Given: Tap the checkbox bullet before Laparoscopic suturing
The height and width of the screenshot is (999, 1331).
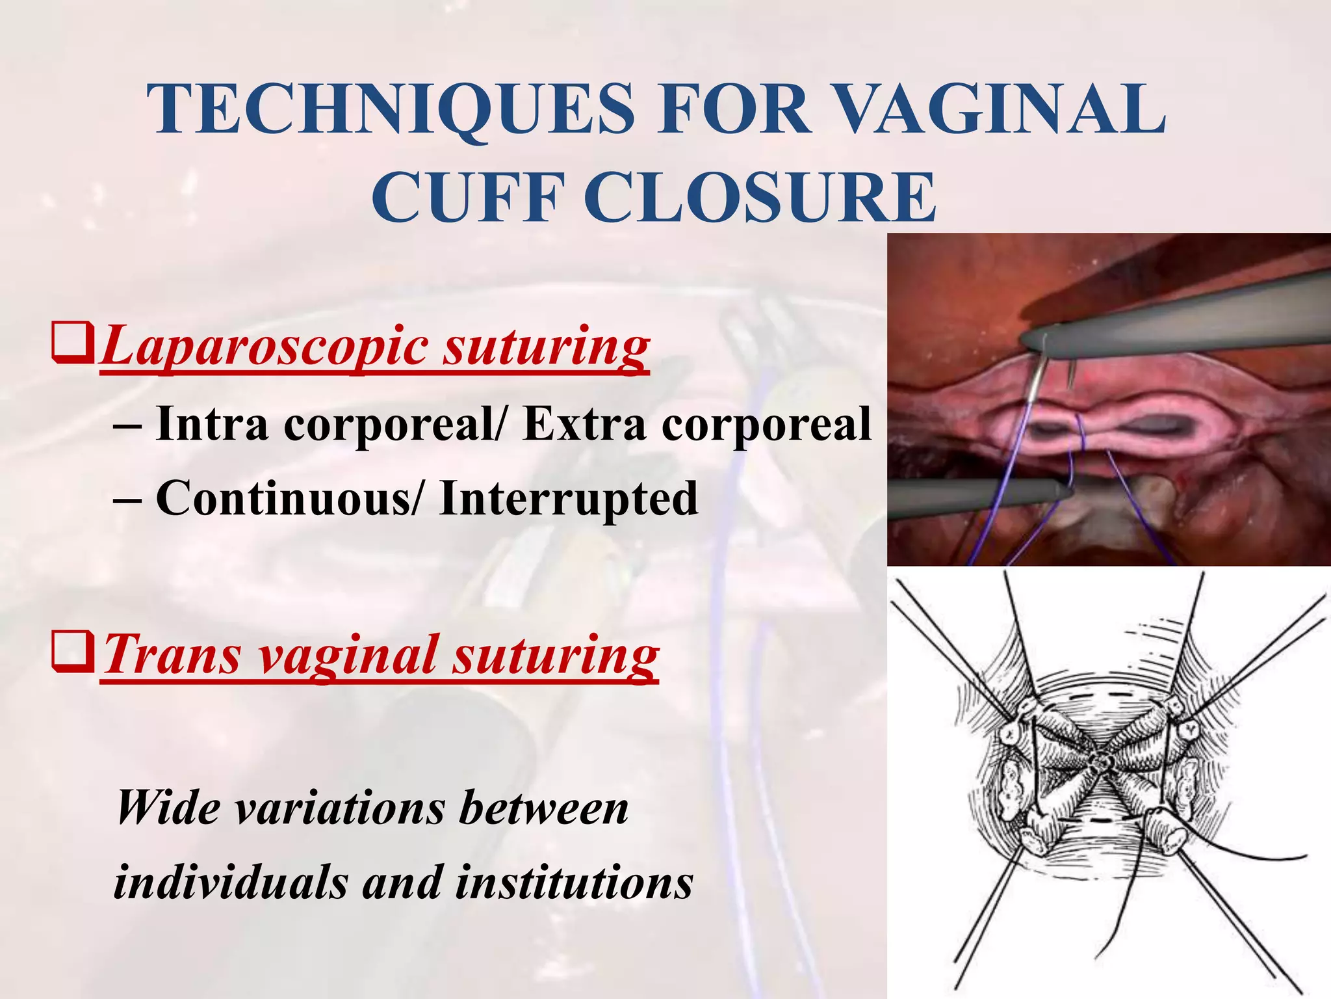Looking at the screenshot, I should coord(73,345).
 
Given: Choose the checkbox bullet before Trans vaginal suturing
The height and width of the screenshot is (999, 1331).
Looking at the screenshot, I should coord(73,653).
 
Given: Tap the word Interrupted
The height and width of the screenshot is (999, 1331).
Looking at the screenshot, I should coord(569,498).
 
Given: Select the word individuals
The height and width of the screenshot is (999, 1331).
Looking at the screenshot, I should coord(231,883).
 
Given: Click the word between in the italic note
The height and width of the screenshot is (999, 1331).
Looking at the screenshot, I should coord(543,808).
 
